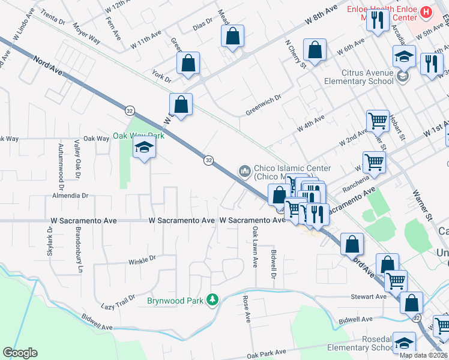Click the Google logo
tap(20, 353)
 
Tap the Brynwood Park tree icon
tap(211, 299)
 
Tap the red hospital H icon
tap(426, 11)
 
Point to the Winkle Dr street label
tap(142, 259)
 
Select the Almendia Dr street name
tap(70, 196)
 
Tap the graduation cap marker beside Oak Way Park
tap(144, 148)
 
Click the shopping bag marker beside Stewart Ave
tap(412, 303)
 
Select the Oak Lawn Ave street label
tap(255, 246)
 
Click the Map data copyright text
tap(423, 355)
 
